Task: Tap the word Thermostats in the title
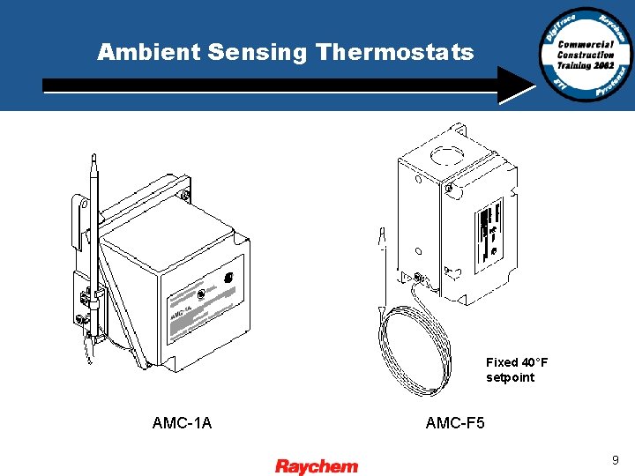pos(394,53)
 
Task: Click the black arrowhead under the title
pos(515,85)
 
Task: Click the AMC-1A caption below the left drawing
pos(182,423)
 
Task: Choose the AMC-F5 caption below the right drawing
pos(455,423)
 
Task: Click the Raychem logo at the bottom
pos(317,466)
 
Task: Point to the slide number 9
pos(615,459)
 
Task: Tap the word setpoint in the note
pos(510,377)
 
